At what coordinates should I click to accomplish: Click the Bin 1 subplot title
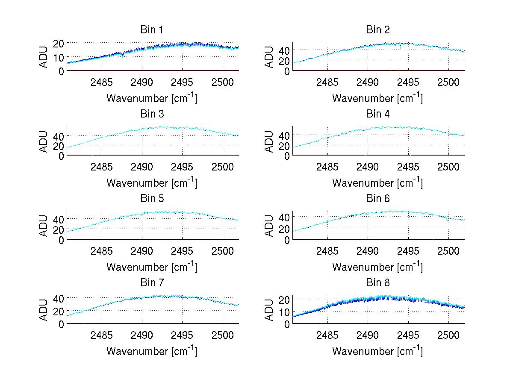152,30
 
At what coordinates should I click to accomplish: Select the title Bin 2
378,30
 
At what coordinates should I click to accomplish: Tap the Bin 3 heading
152,114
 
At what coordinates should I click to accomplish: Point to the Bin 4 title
378,114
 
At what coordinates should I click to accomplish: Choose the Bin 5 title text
152,199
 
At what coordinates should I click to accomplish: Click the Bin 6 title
378,199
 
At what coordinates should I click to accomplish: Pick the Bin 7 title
152,283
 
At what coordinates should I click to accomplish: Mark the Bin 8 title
378,283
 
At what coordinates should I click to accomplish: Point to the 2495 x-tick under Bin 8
408,335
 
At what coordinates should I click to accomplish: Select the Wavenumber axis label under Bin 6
377,267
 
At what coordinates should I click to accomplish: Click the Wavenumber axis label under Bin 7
151,351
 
